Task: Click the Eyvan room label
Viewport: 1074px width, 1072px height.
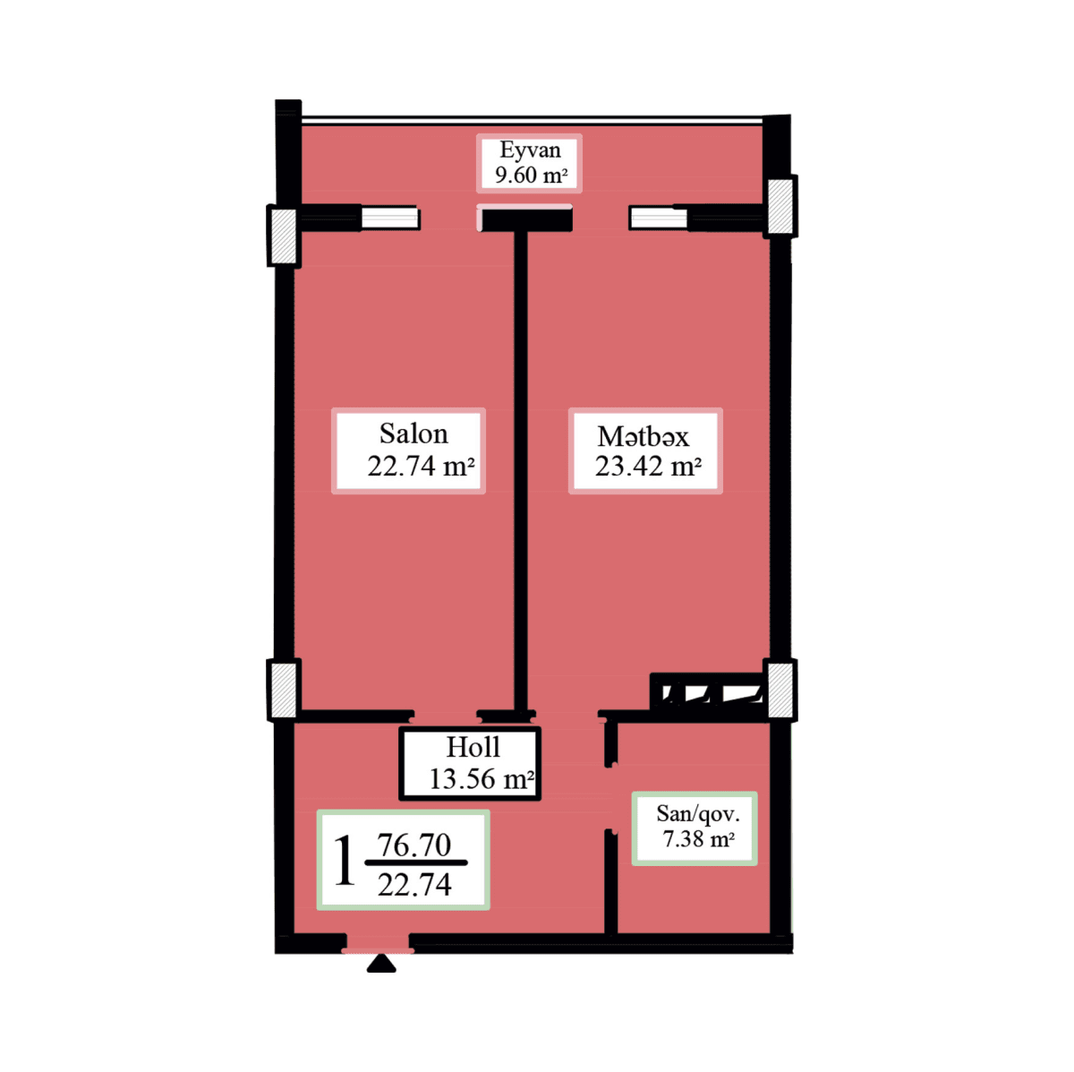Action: pyautogui.click(x=530, y=150)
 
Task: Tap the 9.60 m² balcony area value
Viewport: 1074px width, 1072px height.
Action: pyautogui.click(x=531, y=176)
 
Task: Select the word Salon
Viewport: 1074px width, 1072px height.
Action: pyautogui.click(x=413, y=434)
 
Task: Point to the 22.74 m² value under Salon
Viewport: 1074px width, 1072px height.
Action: pyautogui.click(x=420, y=467)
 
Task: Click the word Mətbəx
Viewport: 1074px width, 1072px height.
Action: pyautogui.click(x=644, y=436)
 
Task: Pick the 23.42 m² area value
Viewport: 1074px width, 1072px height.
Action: pyautogui.click(x=648, y=467)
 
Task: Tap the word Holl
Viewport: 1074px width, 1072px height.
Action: pyautogui.click(x=473, y=747)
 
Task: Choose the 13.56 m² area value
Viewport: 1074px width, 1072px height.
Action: pyautogui.click(x=481, y=779)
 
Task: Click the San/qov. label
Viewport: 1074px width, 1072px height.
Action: pyautogui.click(x=697, y=814)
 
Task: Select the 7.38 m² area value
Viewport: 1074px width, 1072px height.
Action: pyautogui.click(x=698, y=839)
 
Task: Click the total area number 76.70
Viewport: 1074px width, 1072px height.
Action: pyautogui.click(x=413, y=845)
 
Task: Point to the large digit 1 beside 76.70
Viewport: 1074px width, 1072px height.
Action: pyautogui.click(x=344, y=862)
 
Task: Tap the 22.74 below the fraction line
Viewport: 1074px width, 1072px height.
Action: pyautogui.click(x=413, y=885)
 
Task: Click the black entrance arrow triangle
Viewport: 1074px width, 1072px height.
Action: pyautogui.click(x=381, y=964)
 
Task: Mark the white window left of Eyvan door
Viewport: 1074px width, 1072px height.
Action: pyautogui.click(x=389, y=218)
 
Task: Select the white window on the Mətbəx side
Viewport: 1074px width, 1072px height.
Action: pyautogui.click(x=658, y=218)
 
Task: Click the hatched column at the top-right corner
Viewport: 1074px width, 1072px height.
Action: pyautogui.click(x=780, y=206)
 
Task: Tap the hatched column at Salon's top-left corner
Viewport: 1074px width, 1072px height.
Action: pyautogui.click(x=284, y=236)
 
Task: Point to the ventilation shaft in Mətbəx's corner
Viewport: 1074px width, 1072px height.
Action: pyautogui.click(x=707, y=692)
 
